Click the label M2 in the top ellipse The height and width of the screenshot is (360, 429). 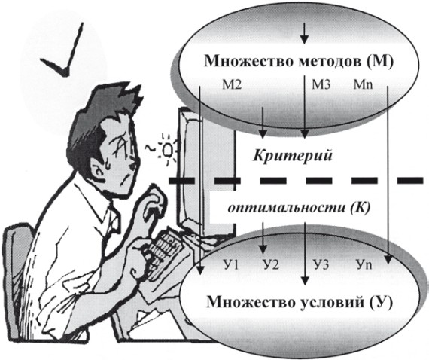[232, 84]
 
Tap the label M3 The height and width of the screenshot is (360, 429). [321, 84]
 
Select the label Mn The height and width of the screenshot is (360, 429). [363, 84]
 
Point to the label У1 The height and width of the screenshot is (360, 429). [232, 265]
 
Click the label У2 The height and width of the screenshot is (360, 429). [271, 265]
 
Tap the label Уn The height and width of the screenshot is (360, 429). [364, 265]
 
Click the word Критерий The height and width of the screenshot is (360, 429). [292, 156]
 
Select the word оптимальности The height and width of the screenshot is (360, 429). [286, 209]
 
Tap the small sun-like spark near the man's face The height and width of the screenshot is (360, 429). [166, 149]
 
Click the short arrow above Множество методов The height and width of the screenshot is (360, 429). [304, 33]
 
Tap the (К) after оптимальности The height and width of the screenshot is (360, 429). [360, 209]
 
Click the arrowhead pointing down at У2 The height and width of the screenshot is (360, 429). [263, 249]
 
